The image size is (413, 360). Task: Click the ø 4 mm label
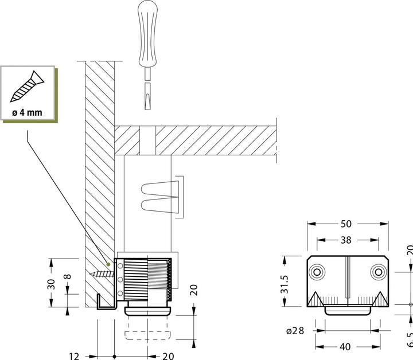[27, 112]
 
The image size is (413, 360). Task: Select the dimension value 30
[51, 284]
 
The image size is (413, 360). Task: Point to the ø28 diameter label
[297, 331]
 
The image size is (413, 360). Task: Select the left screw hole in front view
[317, 271]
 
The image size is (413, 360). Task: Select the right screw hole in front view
[377, 271]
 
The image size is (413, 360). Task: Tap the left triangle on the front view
[317, 298]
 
